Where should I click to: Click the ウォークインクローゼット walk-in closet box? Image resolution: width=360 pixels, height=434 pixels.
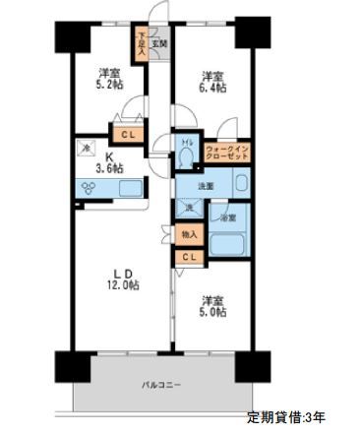[228, 153]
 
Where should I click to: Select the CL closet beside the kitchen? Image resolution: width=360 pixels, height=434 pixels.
[128, 136]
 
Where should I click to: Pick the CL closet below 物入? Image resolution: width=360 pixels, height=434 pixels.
[188, 258]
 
